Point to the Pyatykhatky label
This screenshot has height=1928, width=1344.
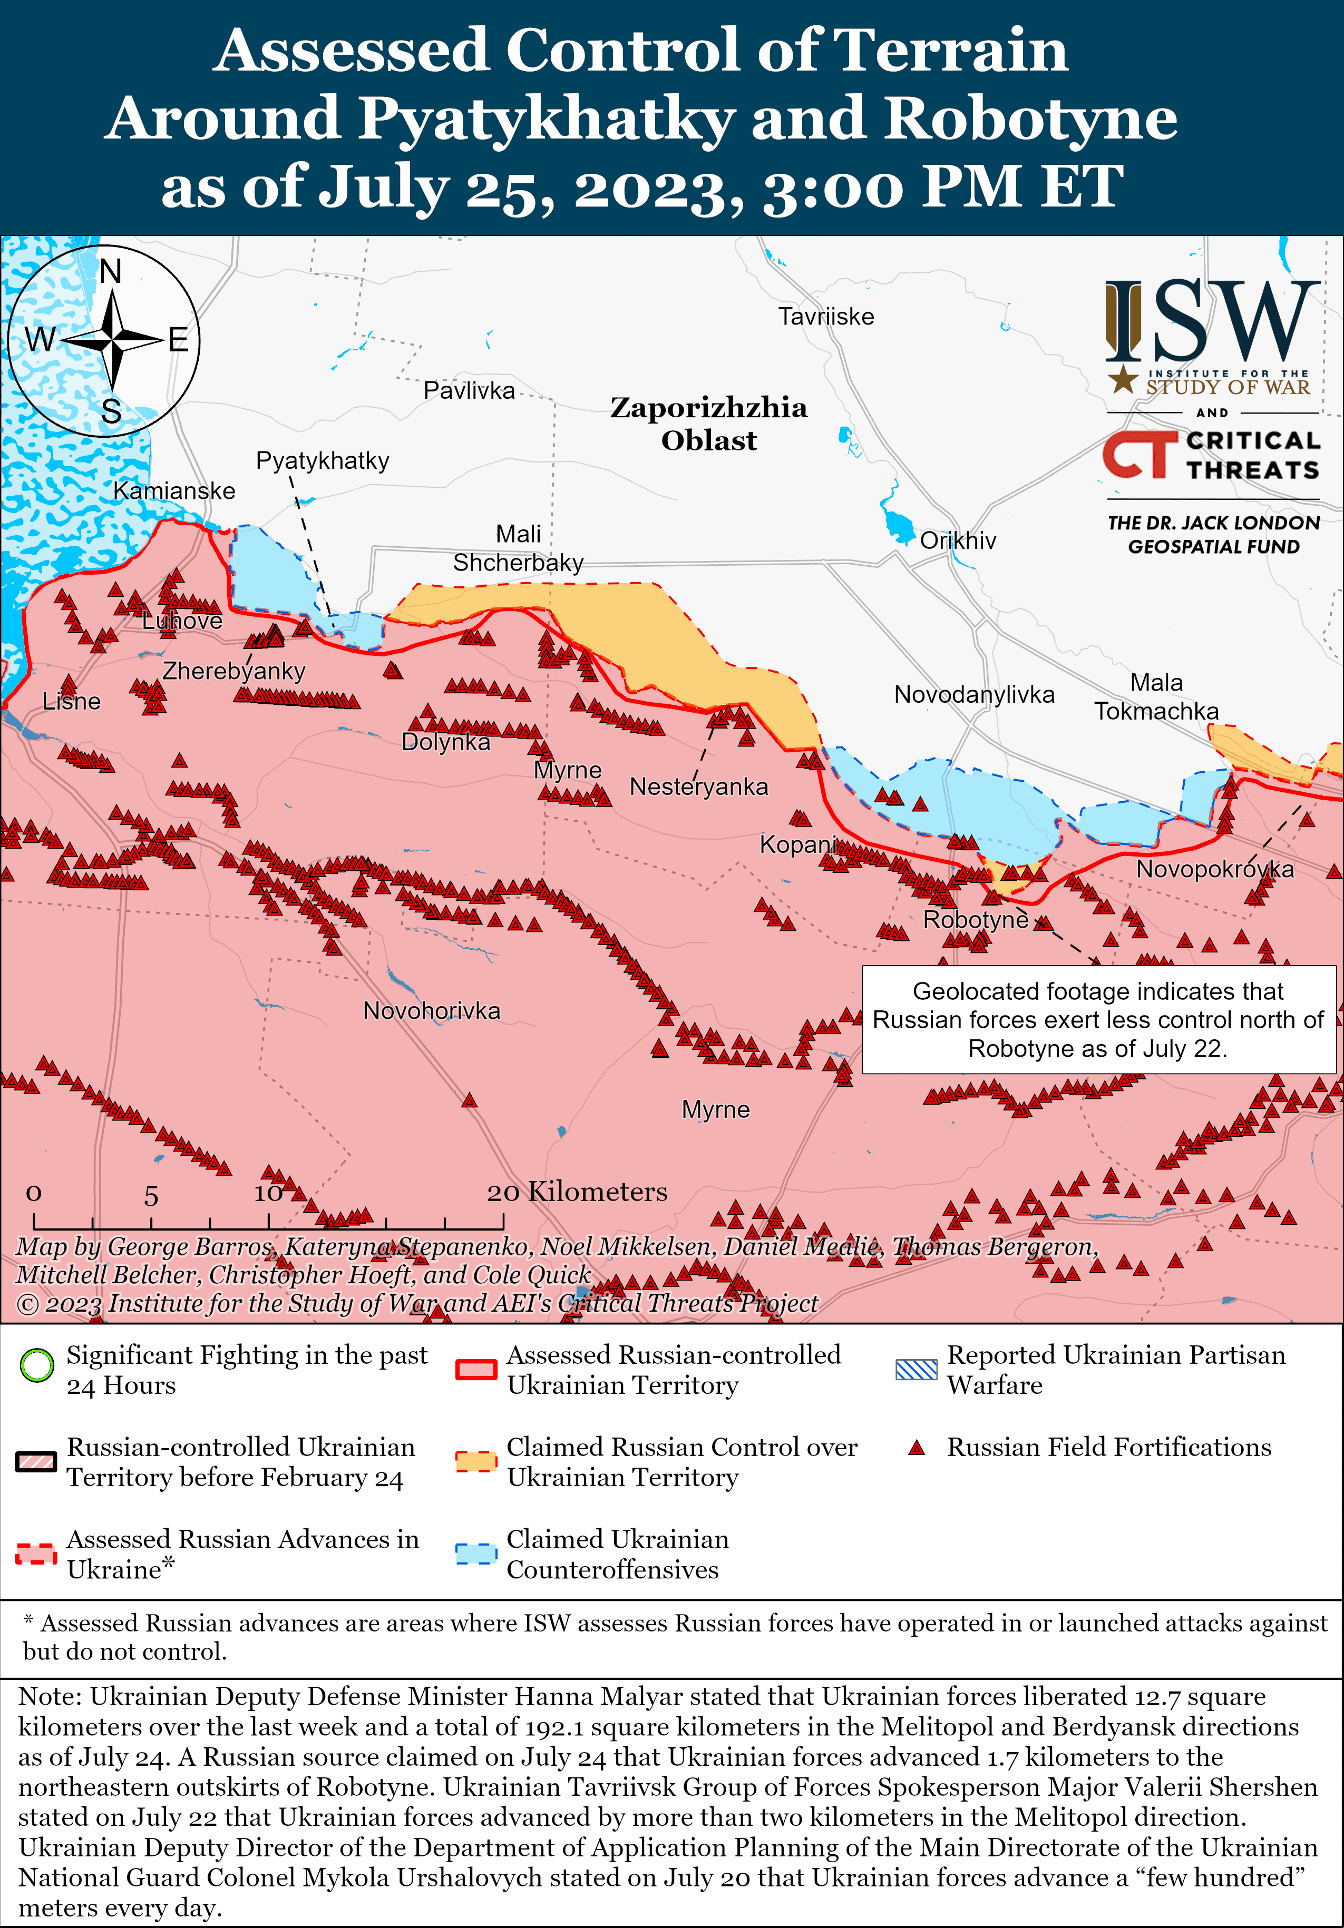point(323,460)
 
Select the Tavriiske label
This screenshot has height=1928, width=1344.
point(826,317)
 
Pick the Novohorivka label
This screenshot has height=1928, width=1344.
point(431,1010)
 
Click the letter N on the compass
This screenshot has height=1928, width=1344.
point(111,272)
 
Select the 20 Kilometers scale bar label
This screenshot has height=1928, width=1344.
point(577,1192)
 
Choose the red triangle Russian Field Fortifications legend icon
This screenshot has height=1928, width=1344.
point(917,1448)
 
